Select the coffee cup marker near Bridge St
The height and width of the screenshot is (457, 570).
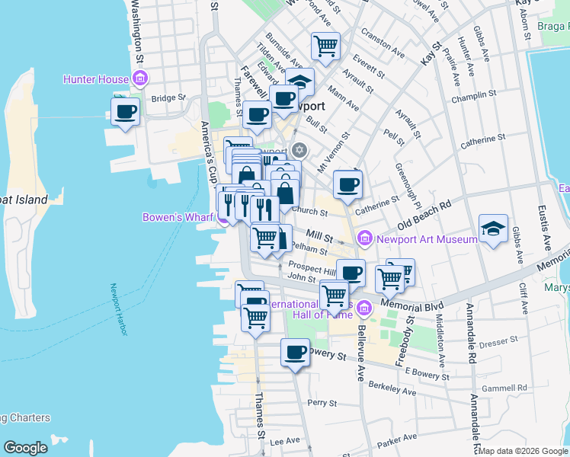(125, 112)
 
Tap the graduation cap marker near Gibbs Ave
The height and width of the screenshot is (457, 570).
(493, 228)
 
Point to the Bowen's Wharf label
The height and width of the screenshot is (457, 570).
(178, 217)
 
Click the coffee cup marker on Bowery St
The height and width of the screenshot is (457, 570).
(295, 352)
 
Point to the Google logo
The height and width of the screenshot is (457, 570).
(25, 447)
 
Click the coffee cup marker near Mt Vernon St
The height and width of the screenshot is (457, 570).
(347, 183)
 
